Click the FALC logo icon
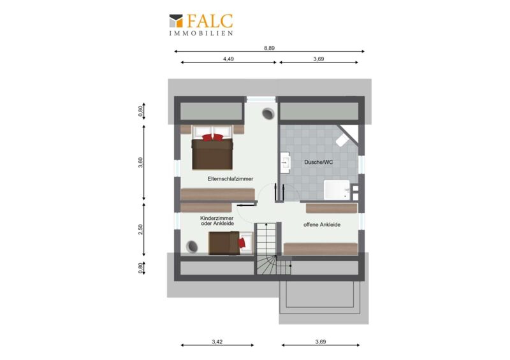coord(176,20)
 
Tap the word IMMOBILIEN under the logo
coord(201,33)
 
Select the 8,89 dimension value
coord(269,48)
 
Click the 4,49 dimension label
coord(228,59)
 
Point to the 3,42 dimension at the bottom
coord(217,342)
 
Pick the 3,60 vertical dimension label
coord(140,162)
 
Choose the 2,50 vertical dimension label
coord(140,229)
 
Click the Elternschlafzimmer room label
coord(230,179)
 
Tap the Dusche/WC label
coord(318,162)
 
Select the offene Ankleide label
coord(322,225)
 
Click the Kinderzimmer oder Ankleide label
coord(217,221)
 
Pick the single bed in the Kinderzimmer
coord(230,243)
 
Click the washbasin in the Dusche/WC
coord(285,162)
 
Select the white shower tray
coord(337,190)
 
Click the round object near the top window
coord(268,114)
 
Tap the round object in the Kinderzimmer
coord(192,247)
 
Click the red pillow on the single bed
coord(242,243)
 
